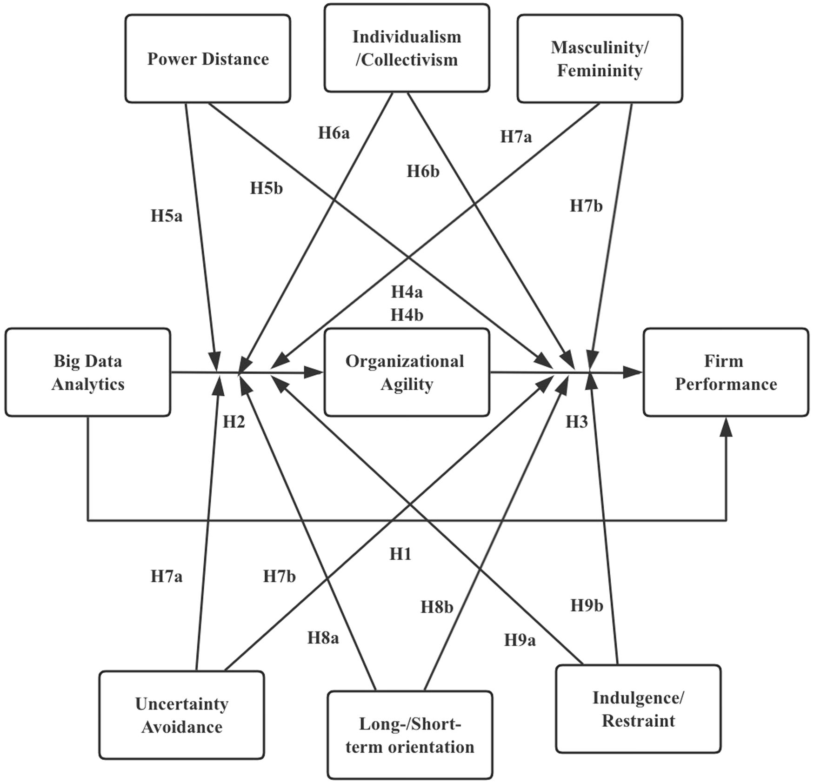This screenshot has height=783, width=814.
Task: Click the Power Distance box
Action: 207,59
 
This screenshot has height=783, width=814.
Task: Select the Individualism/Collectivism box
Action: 407,48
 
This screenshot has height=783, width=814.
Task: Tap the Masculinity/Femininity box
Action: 600,59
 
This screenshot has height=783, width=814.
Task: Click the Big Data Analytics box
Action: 88,372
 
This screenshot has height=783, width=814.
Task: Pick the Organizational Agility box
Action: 407,372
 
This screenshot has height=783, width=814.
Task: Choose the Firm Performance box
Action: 726,372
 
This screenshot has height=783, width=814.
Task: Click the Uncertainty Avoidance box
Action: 181,715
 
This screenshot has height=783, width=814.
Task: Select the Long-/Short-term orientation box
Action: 410,735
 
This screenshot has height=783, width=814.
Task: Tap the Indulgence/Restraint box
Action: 638,709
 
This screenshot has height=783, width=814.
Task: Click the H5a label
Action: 167,216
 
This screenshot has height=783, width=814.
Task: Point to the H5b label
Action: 266,188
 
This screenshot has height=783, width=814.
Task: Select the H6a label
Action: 334,133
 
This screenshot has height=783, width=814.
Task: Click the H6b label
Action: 423,172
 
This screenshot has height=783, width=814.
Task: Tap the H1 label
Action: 400,554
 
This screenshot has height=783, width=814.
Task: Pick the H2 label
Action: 234,422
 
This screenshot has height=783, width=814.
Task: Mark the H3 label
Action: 576,422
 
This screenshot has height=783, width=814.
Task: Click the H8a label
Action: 323,638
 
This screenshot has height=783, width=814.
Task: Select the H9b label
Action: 587,605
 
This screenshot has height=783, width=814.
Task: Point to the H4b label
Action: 407,315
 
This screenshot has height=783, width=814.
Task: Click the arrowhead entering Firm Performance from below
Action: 726,428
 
